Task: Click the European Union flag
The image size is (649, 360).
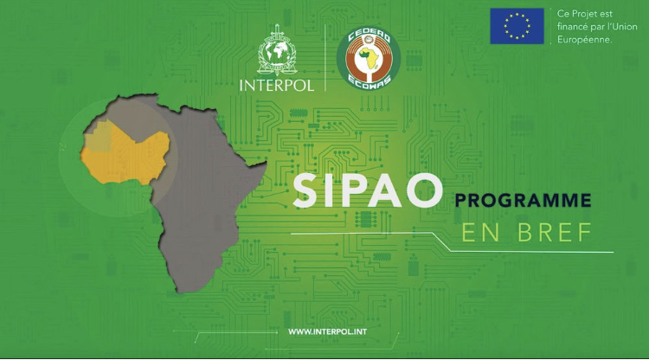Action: point(517,26)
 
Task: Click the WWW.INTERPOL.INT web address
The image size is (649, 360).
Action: point(324,331)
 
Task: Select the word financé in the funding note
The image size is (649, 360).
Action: point(573,27)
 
